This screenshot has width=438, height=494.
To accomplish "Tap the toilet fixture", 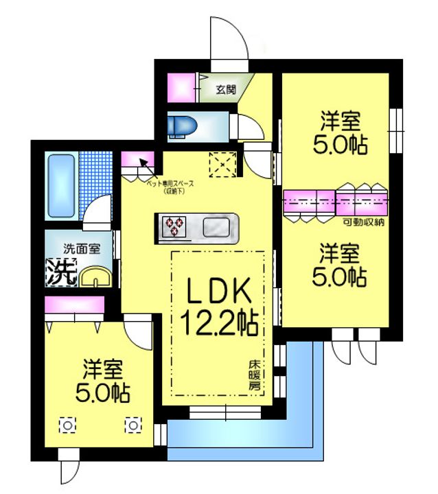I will pyautogui.click(x=182, y=125).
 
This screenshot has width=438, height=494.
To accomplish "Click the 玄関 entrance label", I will pyautogui.click(x=225, y=89).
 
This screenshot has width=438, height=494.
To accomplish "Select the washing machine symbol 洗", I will pyautogui.click(x=61, y=272).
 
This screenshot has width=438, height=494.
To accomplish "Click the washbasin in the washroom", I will pyautogui.click(x=93, y=278).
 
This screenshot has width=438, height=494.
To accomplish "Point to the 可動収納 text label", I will pyautogui.click(x=363, y=223).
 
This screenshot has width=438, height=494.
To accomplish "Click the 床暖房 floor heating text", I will pyautogui.click(x=254, y=376).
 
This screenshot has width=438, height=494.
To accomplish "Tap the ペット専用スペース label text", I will pyautogui.click(x=171, y=185).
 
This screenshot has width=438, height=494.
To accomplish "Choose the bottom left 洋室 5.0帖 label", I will pyautogui.click(x=103, y=381).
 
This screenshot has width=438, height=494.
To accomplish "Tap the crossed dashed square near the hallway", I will pyautogui.click(x=222, y=163).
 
